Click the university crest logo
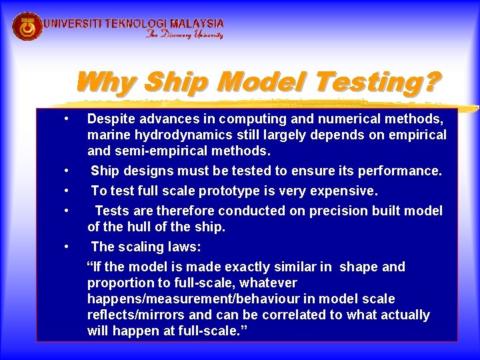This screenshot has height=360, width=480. point(27,27)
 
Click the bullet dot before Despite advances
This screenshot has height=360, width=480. point(67,119)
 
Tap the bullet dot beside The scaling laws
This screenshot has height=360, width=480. point(67,247)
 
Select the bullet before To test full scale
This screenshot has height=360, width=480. point(67,191)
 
